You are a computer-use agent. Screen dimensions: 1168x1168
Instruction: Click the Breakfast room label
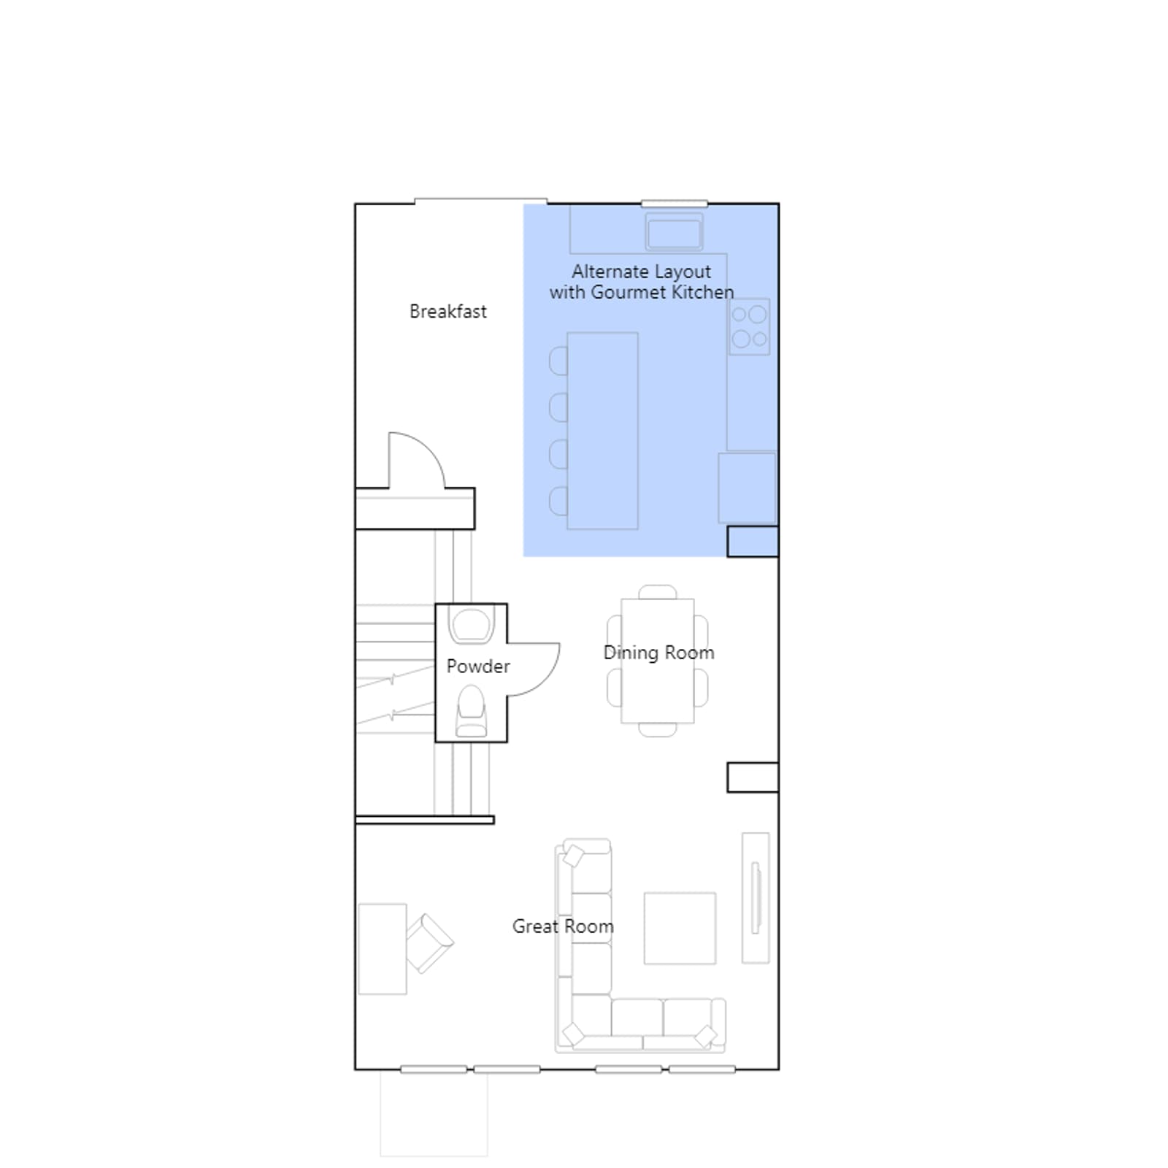point(447,312)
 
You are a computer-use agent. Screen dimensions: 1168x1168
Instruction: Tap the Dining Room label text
point(658,653)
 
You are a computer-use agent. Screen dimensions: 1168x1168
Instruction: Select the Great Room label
point(563,926)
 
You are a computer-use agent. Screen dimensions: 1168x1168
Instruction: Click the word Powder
point(478,666)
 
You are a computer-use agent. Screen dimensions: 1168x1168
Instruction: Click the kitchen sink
point(674,232)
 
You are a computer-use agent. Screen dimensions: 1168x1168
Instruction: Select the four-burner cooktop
point(749,327)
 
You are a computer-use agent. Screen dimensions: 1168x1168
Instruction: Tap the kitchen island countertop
point(602,431)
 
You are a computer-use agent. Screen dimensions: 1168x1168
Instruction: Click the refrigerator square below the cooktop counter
point(747,488)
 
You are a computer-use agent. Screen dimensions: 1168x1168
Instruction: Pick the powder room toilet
point(471,711)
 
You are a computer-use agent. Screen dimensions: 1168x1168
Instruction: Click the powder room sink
point(472,626)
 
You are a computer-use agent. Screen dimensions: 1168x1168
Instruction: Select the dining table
point(657,661)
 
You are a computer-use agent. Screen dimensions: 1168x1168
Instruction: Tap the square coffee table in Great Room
point(680,928)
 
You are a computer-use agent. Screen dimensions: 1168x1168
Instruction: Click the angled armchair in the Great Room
point(429,943)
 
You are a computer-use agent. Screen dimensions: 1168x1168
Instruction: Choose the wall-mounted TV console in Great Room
point(756,898)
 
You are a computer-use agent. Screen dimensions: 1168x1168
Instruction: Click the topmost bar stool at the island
point(558,361)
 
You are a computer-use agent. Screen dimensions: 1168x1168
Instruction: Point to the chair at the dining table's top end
point(657,591)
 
